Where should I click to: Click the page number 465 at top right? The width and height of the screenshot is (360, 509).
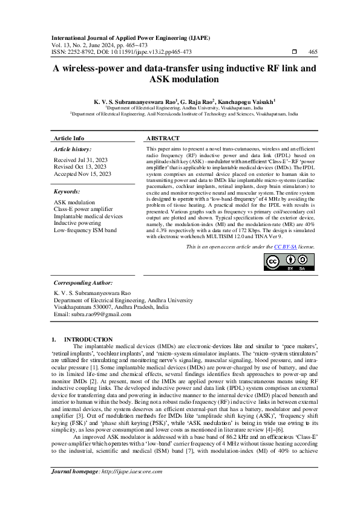coord(313,52)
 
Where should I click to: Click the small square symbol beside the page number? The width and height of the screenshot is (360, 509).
coord(294,52)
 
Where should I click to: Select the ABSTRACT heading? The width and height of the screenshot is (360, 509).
coord(163,138)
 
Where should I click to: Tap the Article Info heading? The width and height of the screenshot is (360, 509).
coord(70,138)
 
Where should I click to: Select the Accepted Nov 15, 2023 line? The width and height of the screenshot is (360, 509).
coord(83,173)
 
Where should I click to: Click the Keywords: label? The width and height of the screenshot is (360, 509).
coord(67,192)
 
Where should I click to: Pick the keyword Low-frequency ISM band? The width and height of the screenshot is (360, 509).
coord(86,230)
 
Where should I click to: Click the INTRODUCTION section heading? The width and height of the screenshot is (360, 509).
coord(88,339)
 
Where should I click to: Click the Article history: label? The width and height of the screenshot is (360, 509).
coord(73,149)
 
